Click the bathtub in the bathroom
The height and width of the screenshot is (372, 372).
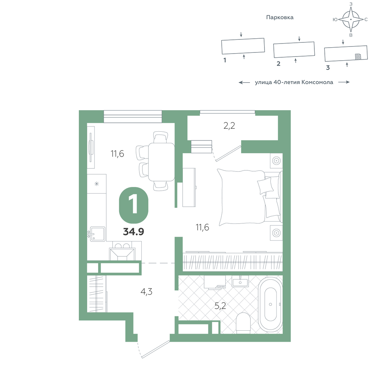tap(270, 305)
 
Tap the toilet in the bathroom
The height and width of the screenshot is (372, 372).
tap(243, 323)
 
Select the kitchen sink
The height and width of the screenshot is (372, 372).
tap(97, 234)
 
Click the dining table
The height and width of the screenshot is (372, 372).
tap(161, 161)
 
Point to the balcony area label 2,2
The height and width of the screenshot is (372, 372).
tap(229, 126)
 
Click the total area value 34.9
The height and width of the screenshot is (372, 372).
tap(133, 231)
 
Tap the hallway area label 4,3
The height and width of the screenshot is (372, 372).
tap(146, 292)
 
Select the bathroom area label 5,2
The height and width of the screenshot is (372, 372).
tap(220, 306)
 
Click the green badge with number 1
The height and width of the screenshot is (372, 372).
tap(134, 205)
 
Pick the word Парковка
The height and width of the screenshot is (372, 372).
tap(280, 17)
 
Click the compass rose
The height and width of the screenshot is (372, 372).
tap(351, 19)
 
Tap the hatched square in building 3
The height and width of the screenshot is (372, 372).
tap(358, 57)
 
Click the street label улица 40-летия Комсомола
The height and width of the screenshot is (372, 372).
tap(294, 82)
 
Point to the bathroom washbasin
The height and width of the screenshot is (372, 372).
tap(240, 282)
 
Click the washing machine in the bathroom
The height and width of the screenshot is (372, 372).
tap(215, 282)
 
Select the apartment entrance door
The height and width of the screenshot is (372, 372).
tap(155, 349)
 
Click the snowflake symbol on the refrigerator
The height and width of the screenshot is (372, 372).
tap(97, 184)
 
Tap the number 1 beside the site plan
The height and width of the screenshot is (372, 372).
tap(225, 60)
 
